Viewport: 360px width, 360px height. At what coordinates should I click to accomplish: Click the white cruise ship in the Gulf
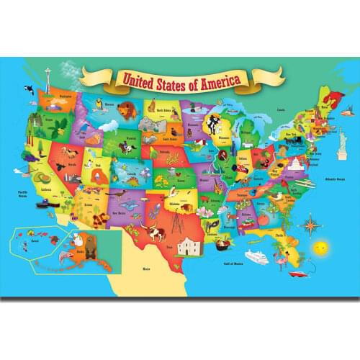[x=256, y=256]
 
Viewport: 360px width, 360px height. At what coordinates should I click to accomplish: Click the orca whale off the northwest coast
[x=27, y=89]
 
